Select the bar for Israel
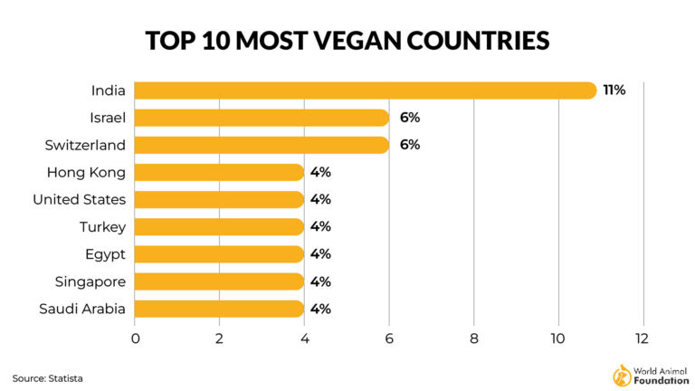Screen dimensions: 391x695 tap(262, 118)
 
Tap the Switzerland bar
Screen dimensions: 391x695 tap(262, 145)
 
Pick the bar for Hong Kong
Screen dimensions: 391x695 tap(220, 172)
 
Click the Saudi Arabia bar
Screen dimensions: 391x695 tap(220, 309)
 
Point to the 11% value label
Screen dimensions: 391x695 tap(614, 91)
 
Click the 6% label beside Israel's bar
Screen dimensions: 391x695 tap(409, 118)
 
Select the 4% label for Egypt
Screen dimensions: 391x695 tap(320, 254)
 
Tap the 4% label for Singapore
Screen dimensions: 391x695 tap(320, 281)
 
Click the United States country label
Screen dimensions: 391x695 tap(79, 199)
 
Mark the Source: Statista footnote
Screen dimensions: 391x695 tap(53, 376)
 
